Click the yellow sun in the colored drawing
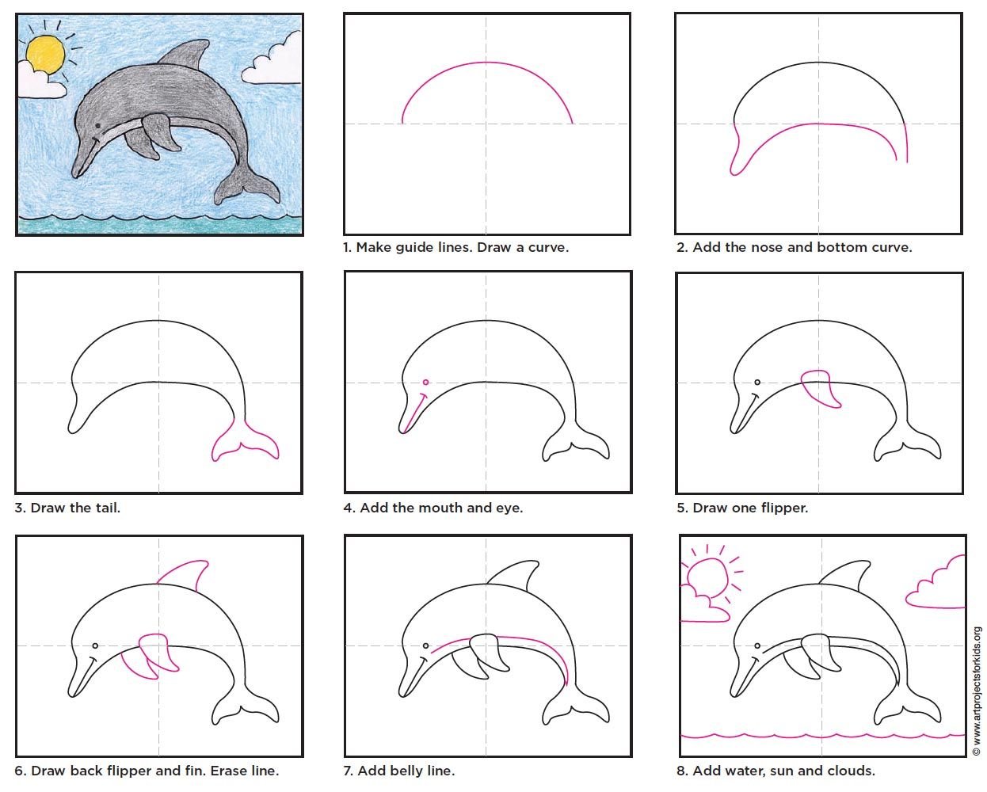[x=45, y=54]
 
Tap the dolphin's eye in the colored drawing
[x=97, y=125]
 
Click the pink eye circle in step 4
[x=425, y=382]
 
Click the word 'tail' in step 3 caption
[x=108, y=508]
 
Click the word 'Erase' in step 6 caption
[x=226, y=771]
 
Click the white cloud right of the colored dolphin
[x=272, y=59]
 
